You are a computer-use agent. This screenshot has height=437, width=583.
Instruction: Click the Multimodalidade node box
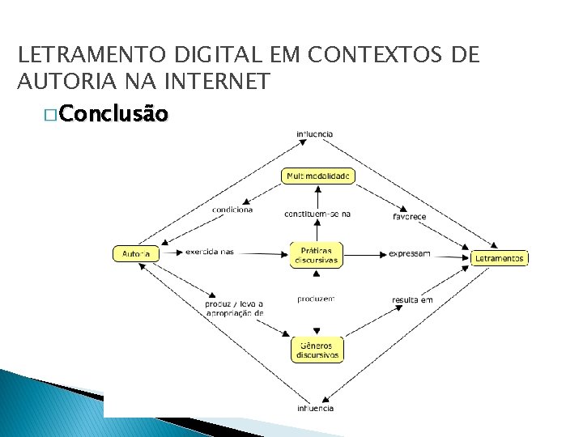(318, 176)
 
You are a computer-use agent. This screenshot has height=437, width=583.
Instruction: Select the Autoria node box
(135, 254)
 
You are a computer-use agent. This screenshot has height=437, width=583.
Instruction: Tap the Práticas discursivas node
(316, 254)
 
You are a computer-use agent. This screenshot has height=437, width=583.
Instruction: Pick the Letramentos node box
(500, 259)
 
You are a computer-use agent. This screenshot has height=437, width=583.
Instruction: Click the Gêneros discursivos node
(317, 350)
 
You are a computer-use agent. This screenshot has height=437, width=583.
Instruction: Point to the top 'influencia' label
(314, 134)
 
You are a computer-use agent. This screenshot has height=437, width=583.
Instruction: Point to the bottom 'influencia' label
(315, 409)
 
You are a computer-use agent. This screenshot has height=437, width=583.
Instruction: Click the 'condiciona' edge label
(232, 210)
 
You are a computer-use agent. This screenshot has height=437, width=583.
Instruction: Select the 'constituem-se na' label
(317, 214)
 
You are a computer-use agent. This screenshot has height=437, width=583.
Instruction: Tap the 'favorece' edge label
(410, 217)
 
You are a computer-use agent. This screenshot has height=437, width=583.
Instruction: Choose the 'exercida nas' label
(209, 252)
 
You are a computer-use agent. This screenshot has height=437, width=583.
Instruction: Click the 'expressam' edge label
(410, 254)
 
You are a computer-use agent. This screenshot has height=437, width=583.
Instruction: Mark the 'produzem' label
(316, 299)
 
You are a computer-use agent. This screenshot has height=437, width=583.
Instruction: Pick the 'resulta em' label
(412, 300)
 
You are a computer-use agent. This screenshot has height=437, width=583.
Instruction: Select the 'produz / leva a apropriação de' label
(234, 308)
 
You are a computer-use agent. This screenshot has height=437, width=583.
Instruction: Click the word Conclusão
(114, 115)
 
